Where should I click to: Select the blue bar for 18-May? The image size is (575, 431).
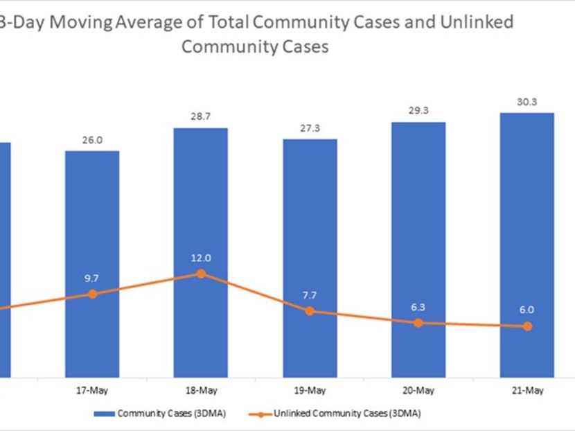tap(201, 208)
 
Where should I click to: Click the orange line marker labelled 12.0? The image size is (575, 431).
tap(201, 274)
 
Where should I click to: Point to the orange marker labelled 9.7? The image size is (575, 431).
tap(92, 294)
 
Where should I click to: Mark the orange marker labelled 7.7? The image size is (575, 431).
tap(310, 311)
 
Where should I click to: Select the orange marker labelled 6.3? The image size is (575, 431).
tap(418, 323)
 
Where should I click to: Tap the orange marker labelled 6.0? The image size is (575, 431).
tap(527, 326)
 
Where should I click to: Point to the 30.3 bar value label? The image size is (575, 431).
tap(527, 103)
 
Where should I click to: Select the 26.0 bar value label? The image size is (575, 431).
tap(92, 140)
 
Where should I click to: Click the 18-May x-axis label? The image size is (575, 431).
tap(201, 391)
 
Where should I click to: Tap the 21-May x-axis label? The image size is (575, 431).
tap(527, 391)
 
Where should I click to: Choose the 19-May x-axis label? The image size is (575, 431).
tap(310, 391)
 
